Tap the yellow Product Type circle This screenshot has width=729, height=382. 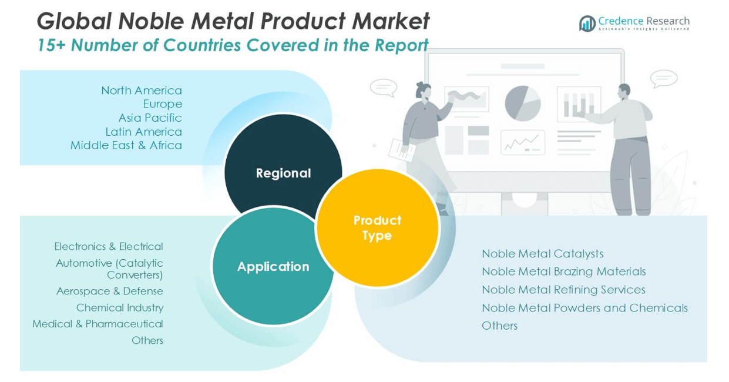click(x=377, y=227)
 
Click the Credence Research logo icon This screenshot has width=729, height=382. click(x=587, y=24)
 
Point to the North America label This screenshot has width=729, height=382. click(x=141, y=91)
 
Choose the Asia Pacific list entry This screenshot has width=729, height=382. click(x=150, y=118)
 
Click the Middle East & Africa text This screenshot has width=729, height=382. click(x=126, y=145)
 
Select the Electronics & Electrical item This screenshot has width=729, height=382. click(x=109, y=246)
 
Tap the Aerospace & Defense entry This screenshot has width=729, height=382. click(x=109, y=291)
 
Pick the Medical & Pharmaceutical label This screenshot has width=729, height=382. click(x=98, y=324)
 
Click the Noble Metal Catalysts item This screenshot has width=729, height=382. click(x=542, y=253)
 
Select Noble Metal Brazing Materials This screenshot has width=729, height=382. click(x=563, y=272)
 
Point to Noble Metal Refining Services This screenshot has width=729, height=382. click(x=563, y=290)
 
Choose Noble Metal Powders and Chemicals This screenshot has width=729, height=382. click(x=584, y=308)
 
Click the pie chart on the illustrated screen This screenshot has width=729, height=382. click(x=522, y=103)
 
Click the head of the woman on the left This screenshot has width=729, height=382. click(x=423, y=90)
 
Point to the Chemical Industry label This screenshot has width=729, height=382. click(x=120, y=307)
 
